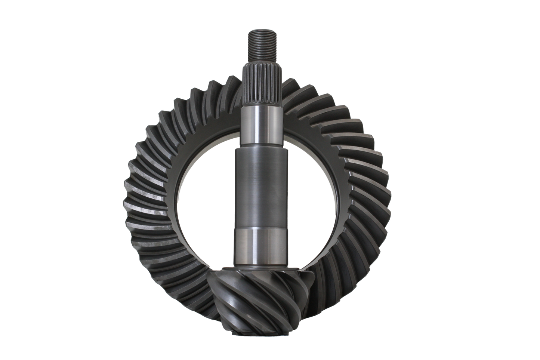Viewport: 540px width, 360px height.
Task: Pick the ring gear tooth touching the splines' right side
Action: [x=286, y=90]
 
